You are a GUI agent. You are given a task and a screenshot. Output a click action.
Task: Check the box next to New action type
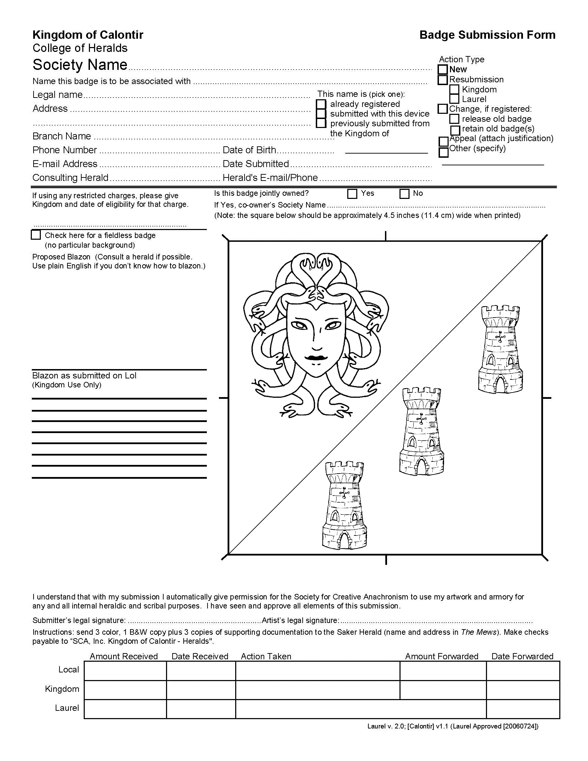click(442, 70)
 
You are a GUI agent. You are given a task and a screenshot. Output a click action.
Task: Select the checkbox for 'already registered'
click(321, 104)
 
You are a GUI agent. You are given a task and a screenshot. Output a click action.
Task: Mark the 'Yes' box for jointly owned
click(352, 194)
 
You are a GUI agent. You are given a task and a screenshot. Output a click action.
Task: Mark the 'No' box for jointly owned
click(404, 194)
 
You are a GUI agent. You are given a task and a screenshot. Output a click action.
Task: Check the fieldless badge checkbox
click(36, 235)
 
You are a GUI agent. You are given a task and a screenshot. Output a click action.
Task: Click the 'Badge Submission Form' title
click(487, 35)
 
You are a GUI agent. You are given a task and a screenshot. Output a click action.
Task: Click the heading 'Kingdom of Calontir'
click(88, 35)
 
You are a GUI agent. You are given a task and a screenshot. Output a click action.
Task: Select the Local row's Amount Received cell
click(125, 671)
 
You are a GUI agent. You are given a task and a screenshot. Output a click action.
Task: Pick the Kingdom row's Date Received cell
click(201, 690)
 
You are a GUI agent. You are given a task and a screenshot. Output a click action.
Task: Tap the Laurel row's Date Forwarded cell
click(523, 709)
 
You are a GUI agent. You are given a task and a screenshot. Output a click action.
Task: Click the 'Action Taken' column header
click(266, 657)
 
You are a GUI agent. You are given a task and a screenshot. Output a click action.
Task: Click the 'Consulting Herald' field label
click(70, 178)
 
